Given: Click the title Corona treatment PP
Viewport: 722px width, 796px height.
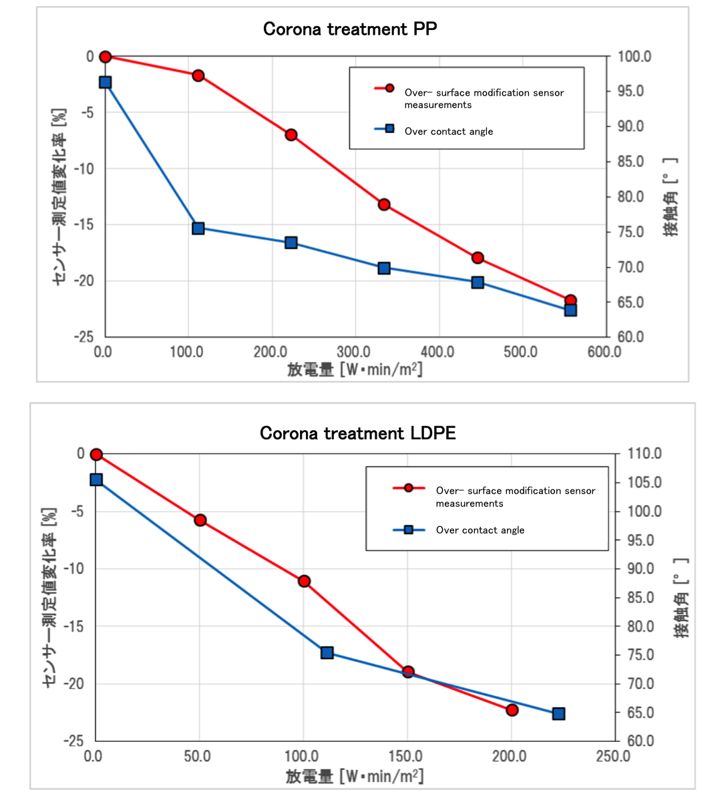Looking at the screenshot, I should [350, 29].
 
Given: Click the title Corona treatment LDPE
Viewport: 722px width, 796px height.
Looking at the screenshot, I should [357, 433].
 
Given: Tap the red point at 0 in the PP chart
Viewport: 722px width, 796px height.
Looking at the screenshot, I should [105, 57].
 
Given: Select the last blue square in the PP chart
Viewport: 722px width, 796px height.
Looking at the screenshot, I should [570, 310].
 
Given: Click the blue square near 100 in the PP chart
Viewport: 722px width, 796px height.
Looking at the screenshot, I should [198, 228].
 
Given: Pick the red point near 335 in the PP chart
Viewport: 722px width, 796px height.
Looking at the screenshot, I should [384, 204].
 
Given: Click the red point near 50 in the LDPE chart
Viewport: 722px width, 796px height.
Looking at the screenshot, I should [200, 520].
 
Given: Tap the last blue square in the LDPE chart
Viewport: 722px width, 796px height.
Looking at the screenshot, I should [558, 714].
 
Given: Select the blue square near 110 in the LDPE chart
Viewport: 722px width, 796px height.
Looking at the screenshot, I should [327, 652].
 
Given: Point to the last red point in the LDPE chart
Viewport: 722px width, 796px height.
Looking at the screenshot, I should [512, 710].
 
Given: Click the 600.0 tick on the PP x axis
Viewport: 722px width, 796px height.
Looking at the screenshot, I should [604, 352].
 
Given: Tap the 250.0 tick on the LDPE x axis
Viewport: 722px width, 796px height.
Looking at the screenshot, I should [613, 757].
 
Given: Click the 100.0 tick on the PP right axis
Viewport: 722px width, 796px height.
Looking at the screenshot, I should [634, 57].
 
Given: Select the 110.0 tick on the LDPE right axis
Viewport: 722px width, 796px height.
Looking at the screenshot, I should [644, 454].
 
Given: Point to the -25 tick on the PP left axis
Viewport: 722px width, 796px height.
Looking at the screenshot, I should [84, 337].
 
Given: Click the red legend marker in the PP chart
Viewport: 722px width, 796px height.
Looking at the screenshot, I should [389, 88].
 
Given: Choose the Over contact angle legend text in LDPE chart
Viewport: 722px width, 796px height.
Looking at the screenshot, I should [480, 530].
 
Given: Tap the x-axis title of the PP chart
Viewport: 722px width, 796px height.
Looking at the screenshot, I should [355, 369].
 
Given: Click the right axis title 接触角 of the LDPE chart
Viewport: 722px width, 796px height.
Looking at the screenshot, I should [681, 598].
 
